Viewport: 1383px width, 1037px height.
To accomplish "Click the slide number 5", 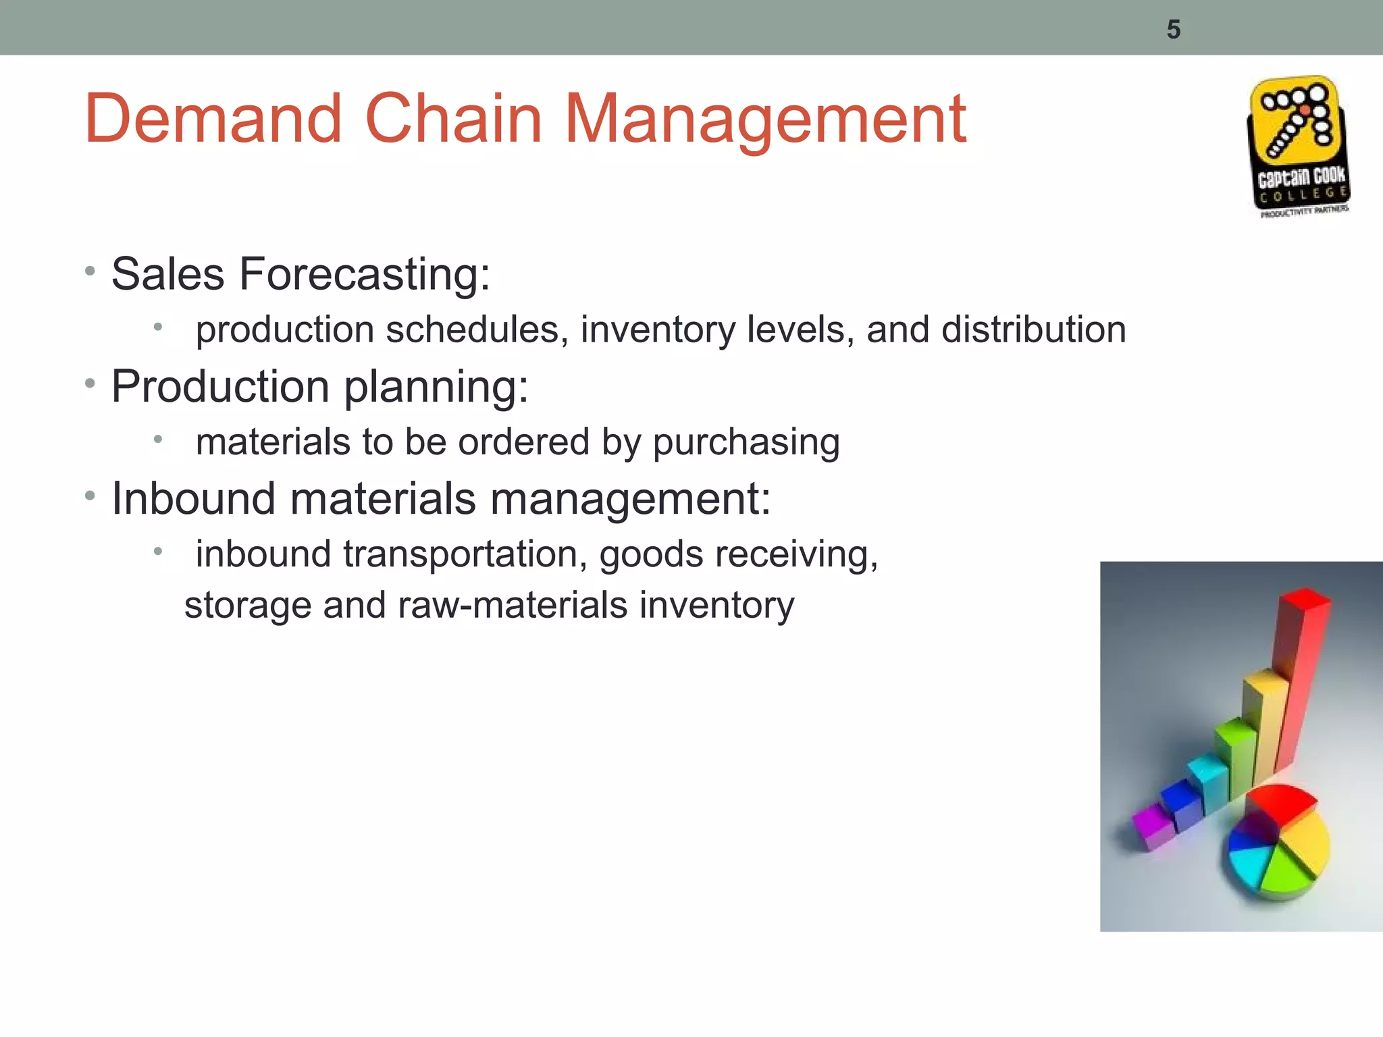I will pyautogui.click(x=1173, y=30).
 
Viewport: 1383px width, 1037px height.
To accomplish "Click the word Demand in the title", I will pyautogui.click(x=213, y=119).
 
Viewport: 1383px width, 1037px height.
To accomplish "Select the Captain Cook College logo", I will pyautogui.click(x=1298, y=147).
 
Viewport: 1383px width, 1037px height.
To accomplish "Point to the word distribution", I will pyautogui.click(x=1033, y=329).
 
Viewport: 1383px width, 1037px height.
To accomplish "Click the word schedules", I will pyautogui.click(x=476, y=329).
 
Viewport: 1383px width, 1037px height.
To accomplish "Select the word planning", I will pyautogui.click(x=436, y=388).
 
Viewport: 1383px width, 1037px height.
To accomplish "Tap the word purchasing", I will pyautogui.click(x=746, y=442).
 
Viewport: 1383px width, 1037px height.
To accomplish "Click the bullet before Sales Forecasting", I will pyautogui.click(x=90, y=272).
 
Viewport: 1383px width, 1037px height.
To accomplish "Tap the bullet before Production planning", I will pyautogui.click(x=90, y=384).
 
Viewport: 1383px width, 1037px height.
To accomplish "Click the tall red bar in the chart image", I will pyautogui.click(x=1300, y=675).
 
